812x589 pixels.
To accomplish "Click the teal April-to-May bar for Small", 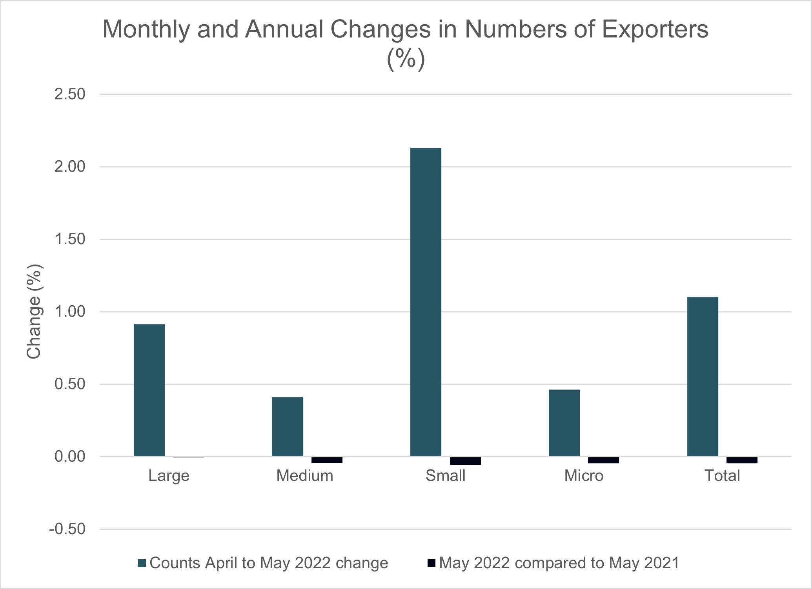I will [426, 302].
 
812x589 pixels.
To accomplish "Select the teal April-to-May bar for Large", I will [149, 390].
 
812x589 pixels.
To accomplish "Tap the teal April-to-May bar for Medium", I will [288, 426].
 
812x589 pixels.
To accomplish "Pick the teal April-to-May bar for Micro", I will [564, 423].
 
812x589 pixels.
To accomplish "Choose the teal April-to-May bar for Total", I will [703, 377].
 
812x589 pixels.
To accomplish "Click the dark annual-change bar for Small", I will [465, 461].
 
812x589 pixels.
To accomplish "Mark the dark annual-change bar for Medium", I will [327, 460].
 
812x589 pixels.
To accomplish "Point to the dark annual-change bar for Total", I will [742, 460].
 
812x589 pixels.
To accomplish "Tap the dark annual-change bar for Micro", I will [603, 460].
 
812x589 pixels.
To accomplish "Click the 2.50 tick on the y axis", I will [70, 94].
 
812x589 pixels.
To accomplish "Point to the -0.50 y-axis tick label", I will [67, 529].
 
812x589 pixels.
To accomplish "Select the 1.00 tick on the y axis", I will [70, 312].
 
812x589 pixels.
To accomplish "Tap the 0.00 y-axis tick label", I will [70, 457].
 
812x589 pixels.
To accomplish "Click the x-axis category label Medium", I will [305, 476].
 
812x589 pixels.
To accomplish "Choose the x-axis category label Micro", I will [584, 476].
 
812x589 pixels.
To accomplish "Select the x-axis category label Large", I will [169, 476].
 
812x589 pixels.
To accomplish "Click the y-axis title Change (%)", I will [34, 312].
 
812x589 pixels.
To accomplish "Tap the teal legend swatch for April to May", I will [142, 563].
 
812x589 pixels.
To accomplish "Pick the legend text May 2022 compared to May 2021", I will [559, 563].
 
